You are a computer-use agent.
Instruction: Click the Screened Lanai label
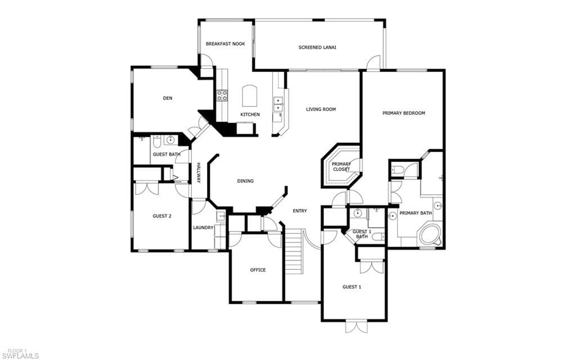tap(317, 47)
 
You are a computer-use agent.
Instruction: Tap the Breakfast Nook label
tap(225, 44)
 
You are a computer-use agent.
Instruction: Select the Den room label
tap(168, 98)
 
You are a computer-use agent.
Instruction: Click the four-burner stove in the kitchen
tap(222, 95)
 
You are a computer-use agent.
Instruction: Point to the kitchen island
tap(249, 96)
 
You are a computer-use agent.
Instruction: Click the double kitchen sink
tap(278, 104)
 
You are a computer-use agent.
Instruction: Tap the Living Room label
tap(321, 109)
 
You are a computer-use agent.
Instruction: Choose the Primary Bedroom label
tap(404, 113)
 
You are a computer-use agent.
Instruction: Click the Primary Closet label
tap(341, 166)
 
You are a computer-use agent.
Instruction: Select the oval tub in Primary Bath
tap(430, 234)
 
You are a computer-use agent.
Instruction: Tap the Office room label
tap(258, 270)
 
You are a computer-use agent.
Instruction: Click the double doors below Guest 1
tap(356, 327)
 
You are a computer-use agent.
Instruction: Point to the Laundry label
tap(203, 228)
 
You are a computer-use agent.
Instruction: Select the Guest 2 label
tap(162, 216)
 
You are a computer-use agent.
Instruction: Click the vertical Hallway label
tap(199, 173)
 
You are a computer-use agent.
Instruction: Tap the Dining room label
tap(245, 181)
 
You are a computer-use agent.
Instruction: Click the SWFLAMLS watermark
tap(23, 356)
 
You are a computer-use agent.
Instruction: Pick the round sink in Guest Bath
tap(170, 139)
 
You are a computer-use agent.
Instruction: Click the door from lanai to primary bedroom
tap(373, 62)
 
